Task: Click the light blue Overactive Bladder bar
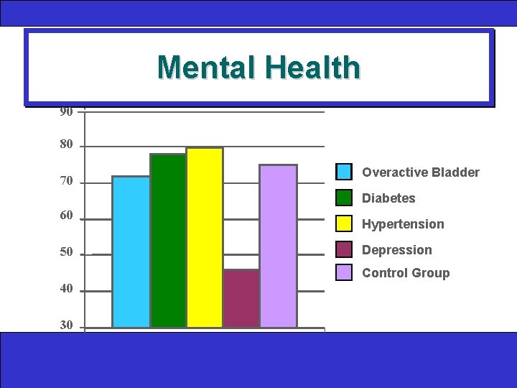coord(131,251)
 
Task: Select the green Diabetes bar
coord(168,241)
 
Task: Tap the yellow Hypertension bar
coord(205,237)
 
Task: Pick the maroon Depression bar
coord(241,298)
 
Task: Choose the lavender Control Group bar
coord(278,246)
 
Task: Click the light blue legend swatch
coord(345,172)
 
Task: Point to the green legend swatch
coord(345,198)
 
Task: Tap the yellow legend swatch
coord(345,223)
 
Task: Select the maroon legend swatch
coord(345,249)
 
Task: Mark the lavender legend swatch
coord(345,272)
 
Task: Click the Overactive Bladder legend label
coord(421,172)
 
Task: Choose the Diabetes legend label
coord(388,198)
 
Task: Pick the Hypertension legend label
coord(403,224)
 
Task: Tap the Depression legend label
coord(397,250)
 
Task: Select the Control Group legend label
coord(406,273)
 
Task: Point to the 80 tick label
coord(66,145)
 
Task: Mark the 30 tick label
coord(66,325)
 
